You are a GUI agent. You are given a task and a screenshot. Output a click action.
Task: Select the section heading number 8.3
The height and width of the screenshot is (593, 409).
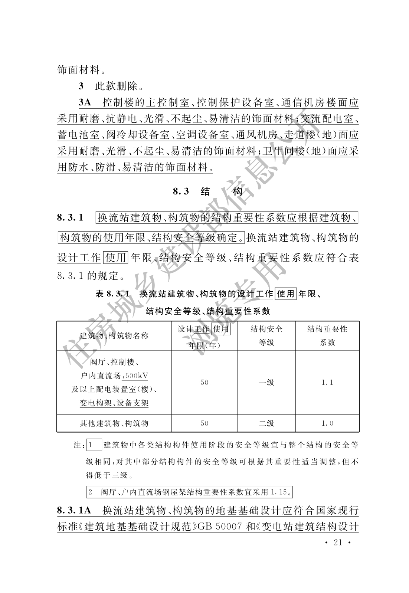[181, 191]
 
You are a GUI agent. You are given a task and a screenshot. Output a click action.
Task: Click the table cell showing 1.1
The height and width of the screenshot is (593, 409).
[327, 383]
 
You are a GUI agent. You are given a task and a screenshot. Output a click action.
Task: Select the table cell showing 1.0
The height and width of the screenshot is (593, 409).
[327, 423]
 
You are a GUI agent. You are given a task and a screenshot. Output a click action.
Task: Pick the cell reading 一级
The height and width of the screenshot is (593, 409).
[266, 383]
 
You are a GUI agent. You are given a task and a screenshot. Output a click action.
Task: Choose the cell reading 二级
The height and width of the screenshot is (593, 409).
[266, 423]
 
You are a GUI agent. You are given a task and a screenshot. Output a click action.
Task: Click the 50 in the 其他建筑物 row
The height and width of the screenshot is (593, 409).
[204, 423]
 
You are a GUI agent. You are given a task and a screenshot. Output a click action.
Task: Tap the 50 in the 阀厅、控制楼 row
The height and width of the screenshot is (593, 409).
[204, 383]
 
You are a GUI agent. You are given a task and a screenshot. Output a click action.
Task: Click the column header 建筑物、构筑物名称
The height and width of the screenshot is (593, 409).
[114, 336]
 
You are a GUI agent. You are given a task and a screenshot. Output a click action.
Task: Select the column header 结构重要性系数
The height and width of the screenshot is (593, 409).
[327, 336]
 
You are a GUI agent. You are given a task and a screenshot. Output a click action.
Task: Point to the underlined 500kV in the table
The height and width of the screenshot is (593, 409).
[137, 376]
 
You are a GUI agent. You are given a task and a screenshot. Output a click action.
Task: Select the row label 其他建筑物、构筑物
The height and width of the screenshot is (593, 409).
[114, 423]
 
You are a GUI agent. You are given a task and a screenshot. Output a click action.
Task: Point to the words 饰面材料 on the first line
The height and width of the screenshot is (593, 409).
[79, 70]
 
